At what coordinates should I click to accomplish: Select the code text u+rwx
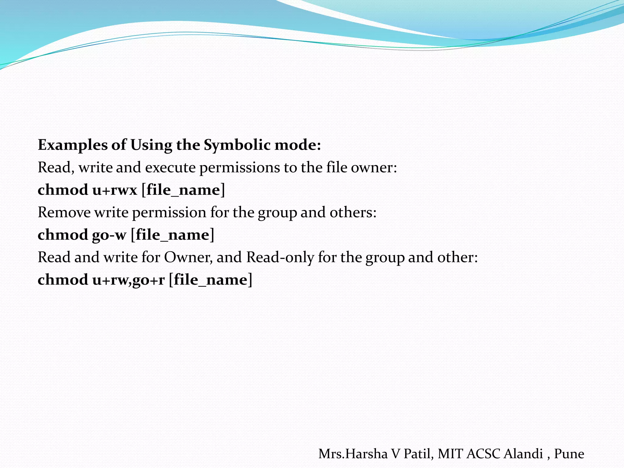115,190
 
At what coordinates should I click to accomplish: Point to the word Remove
64,212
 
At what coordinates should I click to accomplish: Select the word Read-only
280,257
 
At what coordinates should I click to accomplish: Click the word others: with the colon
353,212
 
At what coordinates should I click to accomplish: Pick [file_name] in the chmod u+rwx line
183,190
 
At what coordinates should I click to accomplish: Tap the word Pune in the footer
569,454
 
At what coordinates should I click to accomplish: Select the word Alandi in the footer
523,454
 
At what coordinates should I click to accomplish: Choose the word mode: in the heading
298,145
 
